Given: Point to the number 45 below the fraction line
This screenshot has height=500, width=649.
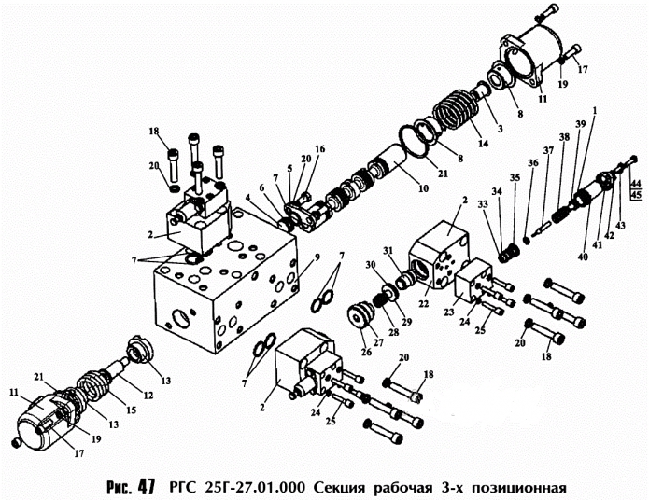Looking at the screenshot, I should click(x=636, y=197).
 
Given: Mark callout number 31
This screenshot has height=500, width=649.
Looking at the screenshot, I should click(x=388, y=249).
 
